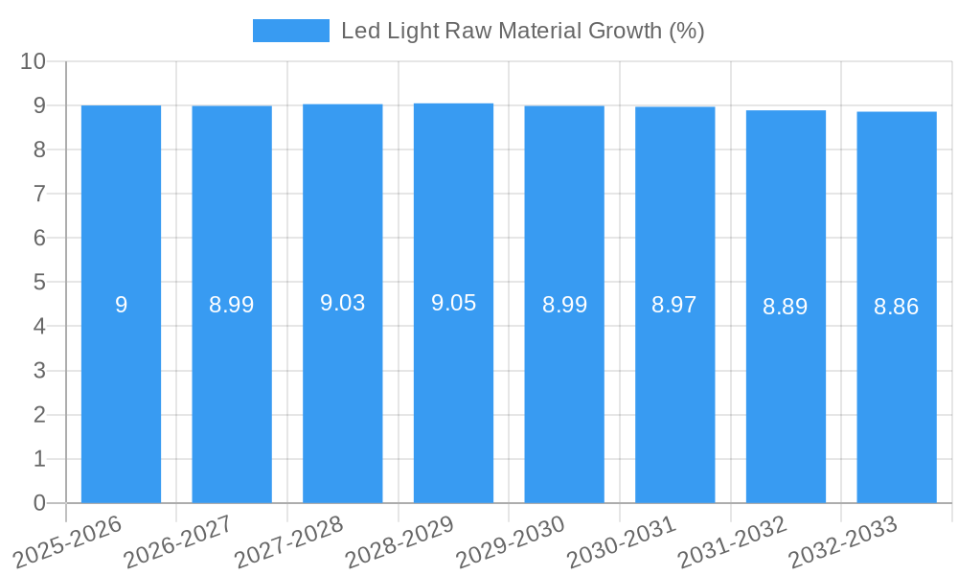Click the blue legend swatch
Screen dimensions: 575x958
tap(290, 31)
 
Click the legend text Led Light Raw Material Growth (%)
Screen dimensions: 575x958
tap(522, 31)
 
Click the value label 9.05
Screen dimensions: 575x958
tap(453, 304)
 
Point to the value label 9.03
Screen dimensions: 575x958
tap(342, 304)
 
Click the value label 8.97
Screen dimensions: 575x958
tap(674, 306)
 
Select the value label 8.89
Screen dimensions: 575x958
tap(786, 307)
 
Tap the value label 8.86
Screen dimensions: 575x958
tap(897, 308)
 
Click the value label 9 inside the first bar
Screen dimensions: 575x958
tap(121, 306)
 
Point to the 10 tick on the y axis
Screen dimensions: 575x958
tap(34, 61)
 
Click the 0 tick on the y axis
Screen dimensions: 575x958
tap(39, 503)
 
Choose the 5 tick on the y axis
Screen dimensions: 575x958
tap(39, 283)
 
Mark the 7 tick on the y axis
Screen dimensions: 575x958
tap(39, 195)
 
